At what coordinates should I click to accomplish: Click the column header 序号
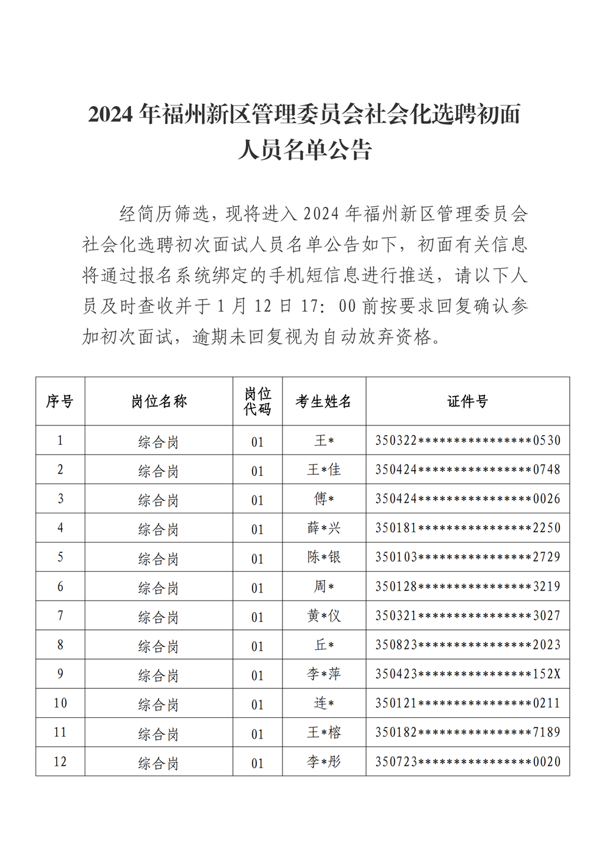(x=60, y=401)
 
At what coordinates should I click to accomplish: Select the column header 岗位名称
(x=159, y=401)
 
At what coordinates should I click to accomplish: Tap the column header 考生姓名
(x=324, y=401)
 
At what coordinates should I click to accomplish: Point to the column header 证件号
(x=467, y=401)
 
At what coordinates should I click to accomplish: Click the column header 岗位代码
(x=257, y=401)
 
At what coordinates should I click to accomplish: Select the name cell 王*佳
(x=324, y=469)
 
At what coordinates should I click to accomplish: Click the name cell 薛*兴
(x=324, y=528)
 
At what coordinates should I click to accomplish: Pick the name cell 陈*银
(x=324, y=557)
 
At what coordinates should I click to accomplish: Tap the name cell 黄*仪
(x=324, y=616)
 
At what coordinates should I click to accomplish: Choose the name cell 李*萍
(x=324, y=674)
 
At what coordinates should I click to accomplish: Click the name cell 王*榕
(x=324, y=732)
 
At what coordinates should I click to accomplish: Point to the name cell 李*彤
(x=324, y=762)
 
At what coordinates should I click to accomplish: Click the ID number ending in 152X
(x=467, y=674)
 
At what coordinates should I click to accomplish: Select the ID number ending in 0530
(x=467, y=441)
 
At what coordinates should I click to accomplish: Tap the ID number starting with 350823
(x=467, y=645)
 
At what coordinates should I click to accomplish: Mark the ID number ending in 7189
(x=467, y=732)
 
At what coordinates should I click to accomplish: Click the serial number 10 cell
(x=60, y=703)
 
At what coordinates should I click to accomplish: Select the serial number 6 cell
(x=60, y=587)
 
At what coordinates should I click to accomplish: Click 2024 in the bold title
(x=110, y=115)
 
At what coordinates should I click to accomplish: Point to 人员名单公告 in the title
(x=304, y=150)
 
